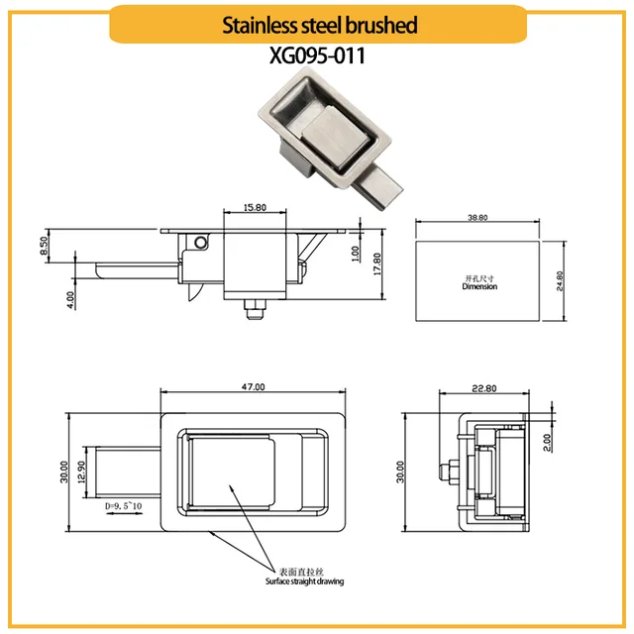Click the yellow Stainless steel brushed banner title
pos(317,24)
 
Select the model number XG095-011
pos(317,56)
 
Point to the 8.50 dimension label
pos(45,246)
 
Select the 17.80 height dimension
pos(376,263)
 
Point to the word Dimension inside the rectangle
pos(479,287)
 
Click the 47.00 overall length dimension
pos(254,387)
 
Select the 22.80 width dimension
pos(482,387)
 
